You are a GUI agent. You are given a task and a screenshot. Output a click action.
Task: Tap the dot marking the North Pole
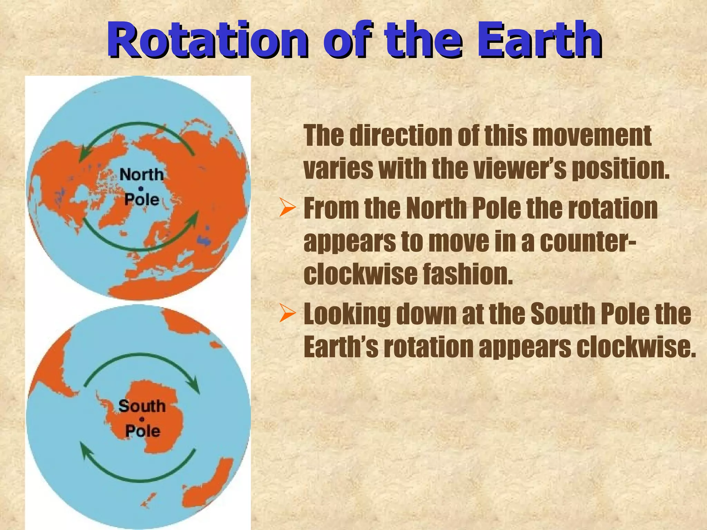click(141, 188)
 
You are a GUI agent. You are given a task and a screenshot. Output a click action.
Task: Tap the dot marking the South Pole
click(142, 419)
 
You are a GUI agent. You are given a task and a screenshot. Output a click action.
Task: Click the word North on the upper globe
click(142, 175)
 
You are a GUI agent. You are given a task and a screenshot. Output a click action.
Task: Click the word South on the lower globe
click(142, 406)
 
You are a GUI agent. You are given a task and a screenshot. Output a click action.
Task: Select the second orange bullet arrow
click(287, 314)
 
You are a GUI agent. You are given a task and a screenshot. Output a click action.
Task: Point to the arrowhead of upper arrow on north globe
click(83, 155)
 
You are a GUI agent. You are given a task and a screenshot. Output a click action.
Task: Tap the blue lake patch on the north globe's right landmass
click(204, 240)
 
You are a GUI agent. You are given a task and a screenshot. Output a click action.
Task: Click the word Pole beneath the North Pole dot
click(142, 200)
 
